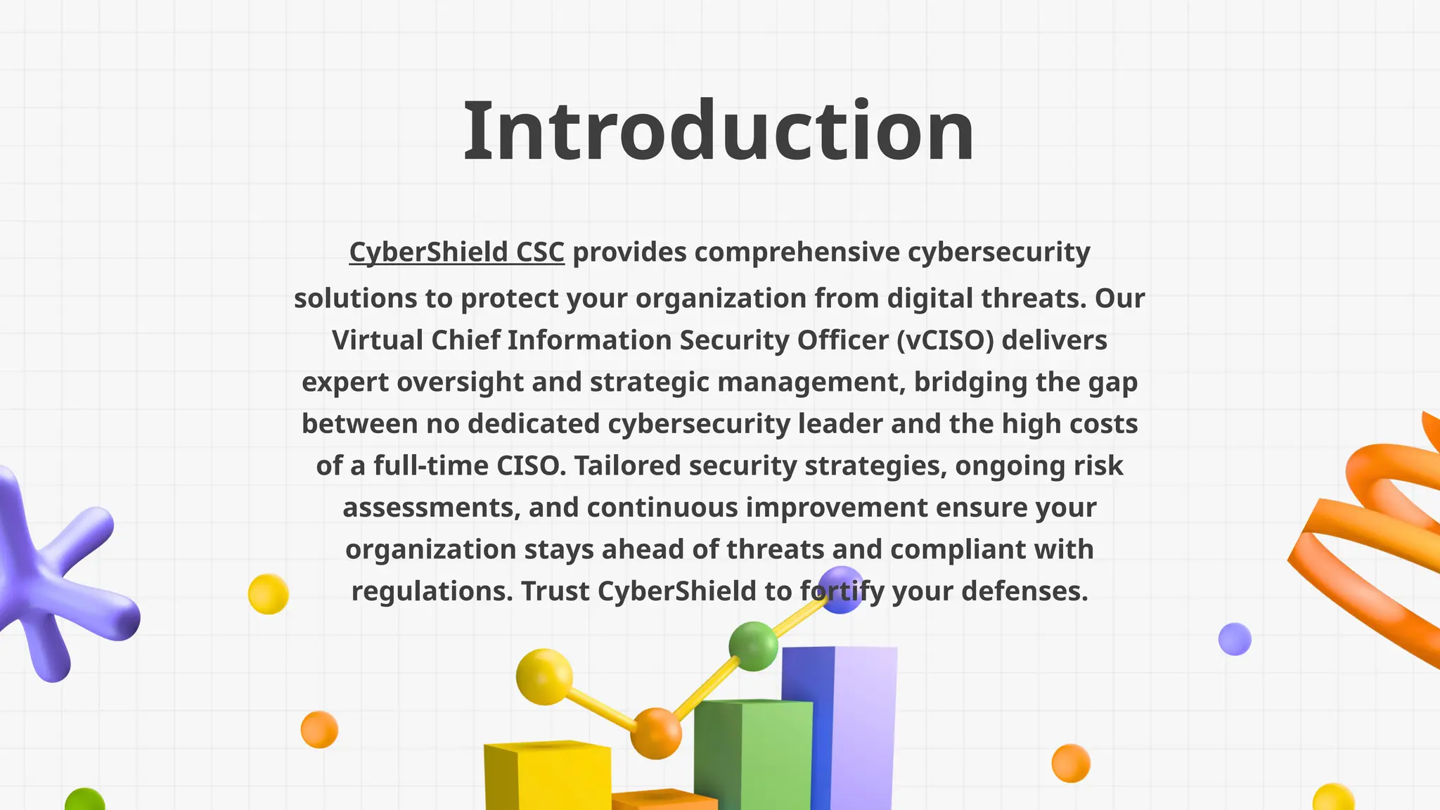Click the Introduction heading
719,131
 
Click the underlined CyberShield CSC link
456,252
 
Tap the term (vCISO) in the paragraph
945,340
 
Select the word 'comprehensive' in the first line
797,252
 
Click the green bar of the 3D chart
752,752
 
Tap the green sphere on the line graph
753,646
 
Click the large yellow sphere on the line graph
544,676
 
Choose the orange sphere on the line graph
655,733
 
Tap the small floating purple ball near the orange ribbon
1235,639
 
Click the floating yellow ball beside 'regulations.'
268,594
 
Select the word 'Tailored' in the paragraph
628,465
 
